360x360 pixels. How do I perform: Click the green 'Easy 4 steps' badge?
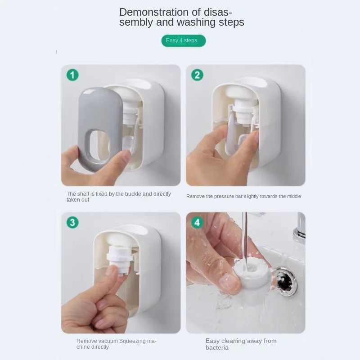[184, 40]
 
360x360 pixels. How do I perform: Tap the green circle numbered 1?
[72, 75]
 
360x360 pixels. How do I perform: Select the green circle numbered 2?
[197, 75]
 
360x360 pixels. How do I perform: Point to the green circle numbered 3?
[72, 222]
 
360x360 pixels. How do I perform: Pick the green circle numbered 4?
[197, 222]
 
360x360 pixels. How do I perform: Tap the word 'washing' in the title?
[196, 22]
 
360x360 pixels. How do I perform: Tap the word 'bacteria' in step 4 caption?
[217, 347]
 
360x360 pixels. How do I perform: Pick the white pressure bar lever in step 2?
[231, 133]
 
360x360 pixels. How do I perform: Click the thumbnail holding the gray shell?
[124, 156]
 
